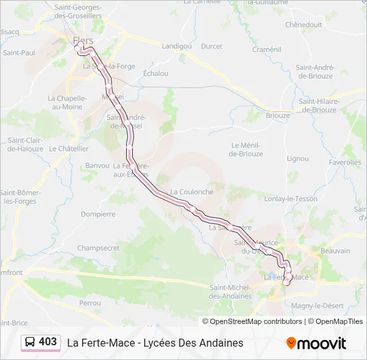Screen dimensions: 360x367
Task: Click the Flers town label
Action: point(83,40)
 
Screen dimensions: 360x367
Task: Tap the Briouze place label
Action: point(278,115)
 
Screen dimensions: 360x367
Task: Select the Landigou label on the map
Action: point(176,46)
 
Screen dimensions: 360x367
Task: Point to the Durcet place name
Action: point(212,46)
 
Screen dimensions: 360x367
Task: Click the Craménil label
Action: point(267,49)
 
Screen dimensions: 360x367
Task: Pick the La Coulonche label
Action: point(192,191)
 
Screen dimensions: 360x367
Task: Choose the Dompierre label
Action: point(98,214)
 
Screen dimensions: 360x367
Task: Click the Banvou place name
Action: point(97,165)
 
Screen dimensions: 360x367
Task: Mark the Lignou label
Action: point(298,159)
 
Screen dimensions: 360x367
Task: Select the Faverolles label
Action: point(344,162)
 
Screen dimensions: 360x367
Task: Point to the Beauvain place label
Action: point(335,251)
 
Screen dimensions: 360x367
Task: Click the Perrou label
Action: point(89,303)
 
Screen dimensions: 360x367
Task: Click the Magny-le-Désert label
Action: point(317,305)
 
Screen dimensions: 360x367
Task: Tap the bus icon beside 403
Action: point(30,342)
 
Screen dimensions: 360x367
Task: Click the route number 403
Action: point(48,342)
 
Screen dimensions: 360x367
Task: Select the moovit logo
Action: point(316,343)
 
